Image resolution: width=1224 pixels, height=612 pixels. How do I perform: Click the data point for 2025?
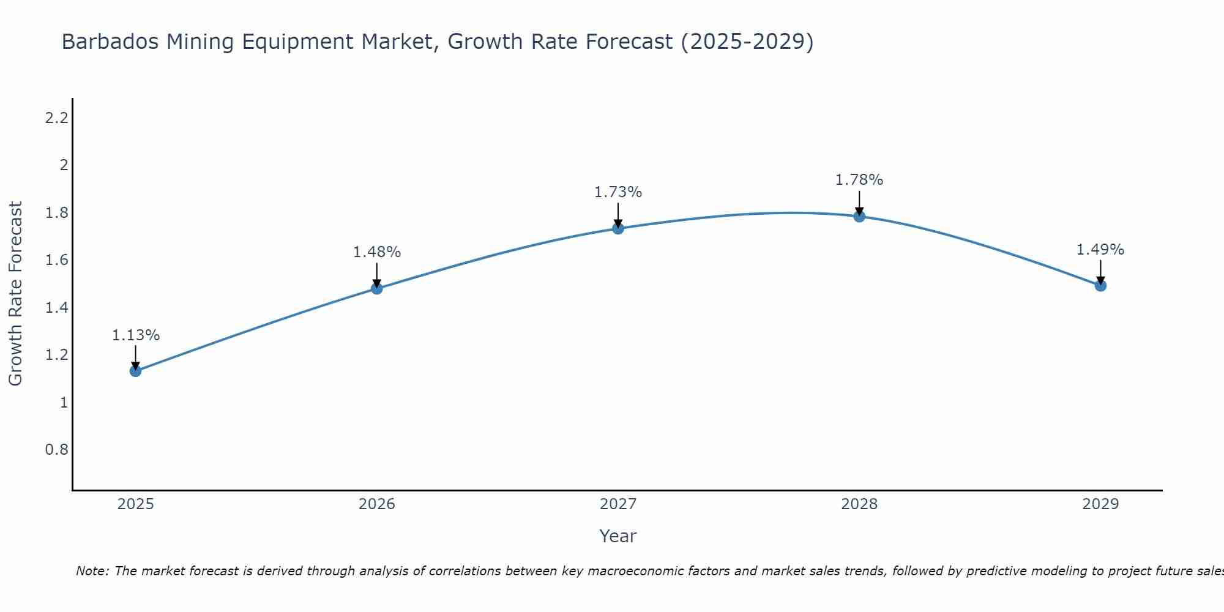click(x=136, y=371)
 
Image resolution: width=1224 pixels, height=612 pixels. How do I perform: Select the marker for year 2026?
click(x=377, y=288)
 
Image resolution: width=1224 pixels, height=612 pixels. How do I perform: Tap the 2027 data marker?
click(x=618, y=229)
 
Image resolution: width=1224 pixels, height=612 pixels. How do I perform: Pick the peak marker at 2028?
click(x=859, y=216)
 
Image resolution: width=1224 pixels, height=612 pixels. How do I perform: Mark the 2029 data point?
click(x=1100, y=286)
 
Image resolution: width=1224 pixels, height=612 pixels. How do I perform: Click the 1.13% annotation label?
click(x=136, y=335)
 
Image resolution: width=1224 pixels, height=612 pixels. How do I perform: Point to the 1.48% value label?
click(x=377, y=252)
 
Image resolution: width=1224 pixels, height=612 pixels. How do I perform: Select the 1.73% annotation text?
click(x=618, y=192)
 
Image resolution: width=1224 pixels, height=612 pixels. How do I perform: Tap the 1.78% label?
click(x=859, y=180)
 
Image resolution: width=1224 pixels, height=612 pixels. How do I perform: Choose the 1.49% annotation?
click(x=1100, y=250)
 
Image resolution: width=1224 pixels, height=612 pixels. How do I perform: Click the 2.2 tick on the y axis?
click(x=56, y=118)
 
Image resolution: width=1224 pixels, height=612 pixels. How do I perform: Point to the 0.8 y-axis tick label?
click(x=56, y=450)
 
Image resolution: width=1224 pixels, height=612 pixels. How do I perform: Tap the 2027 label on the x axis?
click(x=618, y=504)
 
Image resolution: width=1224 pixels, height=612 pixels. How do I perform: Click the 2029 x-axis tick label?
click(x=1100, y=504)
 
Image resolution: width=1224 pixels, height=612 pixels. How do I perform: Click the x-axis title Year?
click(x=618, y=536)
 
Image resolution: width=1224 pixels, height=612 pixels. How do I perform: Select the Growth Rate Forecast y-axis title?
click(x=15, y=294)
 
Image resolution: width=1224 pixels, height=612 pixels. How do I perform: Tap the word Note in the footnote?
click(x=92, y=571)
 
